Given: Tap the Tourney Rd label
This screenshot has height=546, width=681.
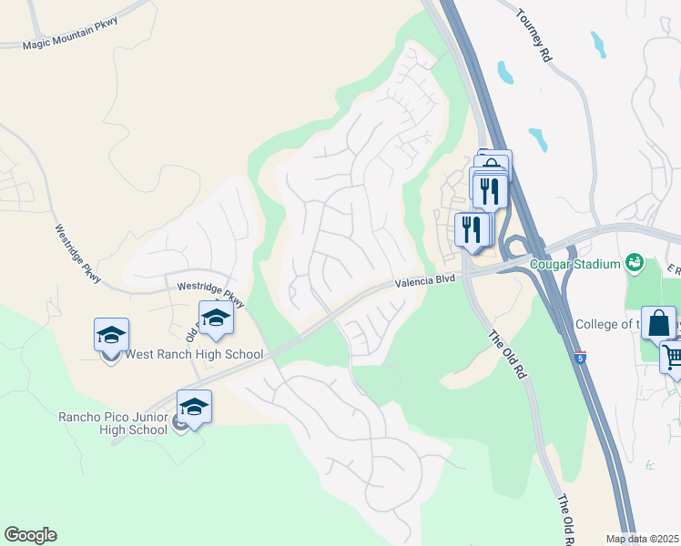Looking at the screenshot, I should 534,35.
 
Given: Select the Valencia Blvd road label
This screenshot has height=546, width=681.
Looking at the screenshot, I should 424,283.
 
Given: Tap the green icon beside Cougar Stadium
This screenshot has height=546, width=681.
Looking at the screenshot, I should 635,264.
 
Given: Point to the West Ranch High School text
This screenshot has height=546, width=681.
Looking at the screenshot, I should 194,355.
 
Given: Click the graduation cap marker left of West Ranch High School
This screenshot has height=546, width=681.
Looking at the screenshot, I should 111,335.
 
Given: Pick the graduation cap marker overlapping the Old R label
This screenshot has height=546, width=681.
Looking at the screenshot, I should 216,318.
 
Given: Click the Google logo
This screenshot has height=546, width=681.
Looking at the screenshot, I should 30,535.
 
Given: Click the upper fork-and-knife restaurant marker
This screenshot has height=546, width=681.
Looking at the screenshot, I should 492,189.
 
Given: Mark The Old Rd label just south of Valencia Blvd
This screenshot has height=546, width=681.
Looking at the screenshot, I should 507,354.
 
